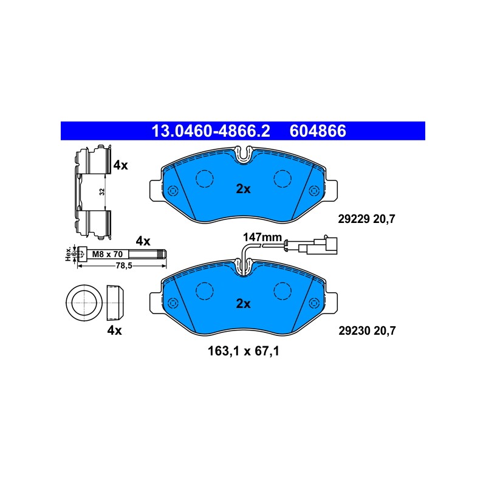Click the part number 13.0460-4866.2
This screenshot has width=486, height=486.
(211, 131)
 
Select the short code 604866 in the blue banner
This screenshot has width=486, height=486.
(318, 131)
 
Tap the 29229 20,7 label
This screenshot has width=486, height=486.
(366, 219)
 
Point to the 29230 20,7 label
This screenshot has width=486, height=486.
(367, 330)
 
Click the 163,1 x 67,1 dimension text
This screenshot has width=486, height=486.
(244, 351)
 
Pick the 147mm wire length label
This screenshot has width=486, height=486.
(262, 238)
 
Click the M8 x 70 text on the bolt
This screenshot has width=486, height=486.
(108, 254)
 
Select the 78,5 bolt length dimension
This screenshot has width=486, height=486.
(124, 265)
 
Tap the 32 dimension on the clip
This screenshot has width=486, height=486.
(102, 191)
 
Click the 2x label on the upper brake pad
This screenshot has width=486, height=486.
(244, 189)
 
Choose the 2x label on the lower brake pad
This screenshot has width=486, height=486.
(244, 303)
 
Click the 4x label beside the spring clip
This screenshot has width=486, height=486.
(120, 165)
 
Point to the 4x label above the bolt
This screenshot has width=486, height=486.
(143, 241)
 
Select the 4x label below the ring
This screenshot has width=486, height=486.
(114, 330)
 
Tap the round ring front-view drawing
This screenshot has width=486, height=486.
(84, 303)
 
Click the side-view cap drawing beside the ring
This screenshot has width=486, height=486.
(115, 303)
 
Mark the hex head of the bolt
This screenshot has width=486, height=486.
(82, 254)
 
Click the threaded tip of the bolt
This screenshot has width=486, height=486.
(162, 254)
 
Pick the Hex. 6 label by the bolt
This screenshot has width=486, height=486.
(71, 254)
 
